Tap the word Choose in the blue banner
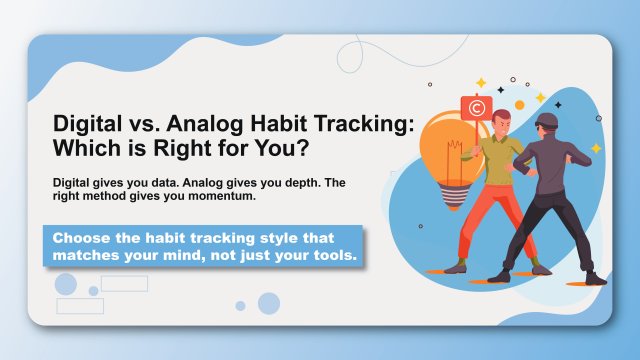pyautogui.click(x=82, y=239)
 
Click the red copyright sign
pyautogui.click(x=475, y=106)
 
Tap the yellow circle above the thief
pyautogui.click(x=518, y=105)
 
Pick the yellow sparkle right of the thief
pyautogui.click(x=596, y=148)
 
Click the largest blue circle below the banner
pyautogui.click(x=269, y=303)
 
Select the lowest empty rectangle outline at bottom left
pyautogui.click(x=80, y=306)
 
